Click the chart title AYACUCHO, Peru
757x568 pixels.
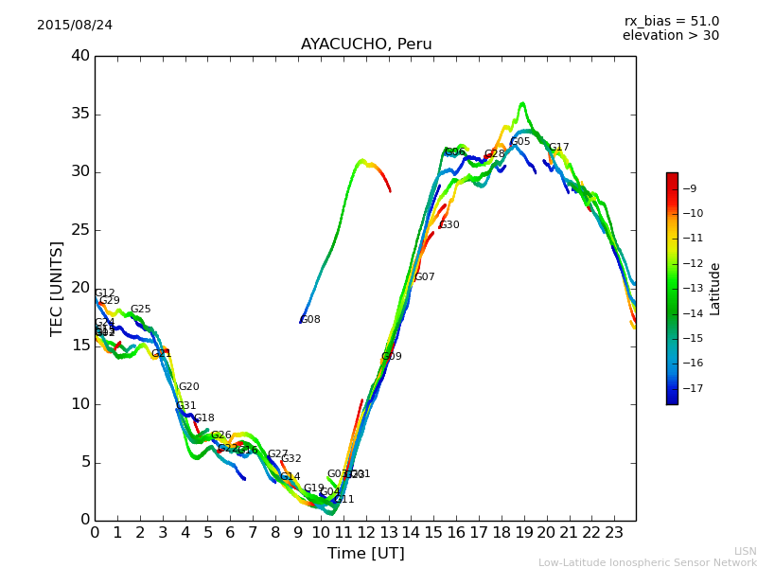pos(366,44)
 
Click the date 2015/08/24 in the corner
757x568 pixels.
pos(75,25)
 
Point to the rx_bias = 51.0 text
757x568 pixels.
pos(671,21)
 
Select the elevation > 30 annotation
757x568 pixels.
pos(670,36)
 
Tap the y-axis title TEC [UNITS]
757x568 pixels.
pos(58,288)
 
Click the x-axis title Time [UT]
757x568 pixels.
pos(365,554)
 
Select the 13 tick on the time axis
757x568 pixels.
pos(389,533)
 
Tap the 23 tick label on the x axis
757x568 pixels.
pos(614,533)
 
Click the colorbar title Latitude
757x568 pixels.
pos(715,289)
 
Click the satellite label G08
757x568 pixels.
pos(310,320)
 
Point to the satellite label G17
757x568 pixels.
pos(559,148)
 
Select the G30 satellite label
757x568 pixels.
pos(449,225)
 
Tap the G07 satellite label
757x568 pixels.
pos(425,277)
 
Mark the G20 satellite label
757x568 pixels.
pos(189,387)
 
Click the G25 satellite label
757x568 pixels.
pos(141,310)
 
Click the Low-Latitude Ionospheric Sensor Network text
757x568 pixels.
pos(647,562)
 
